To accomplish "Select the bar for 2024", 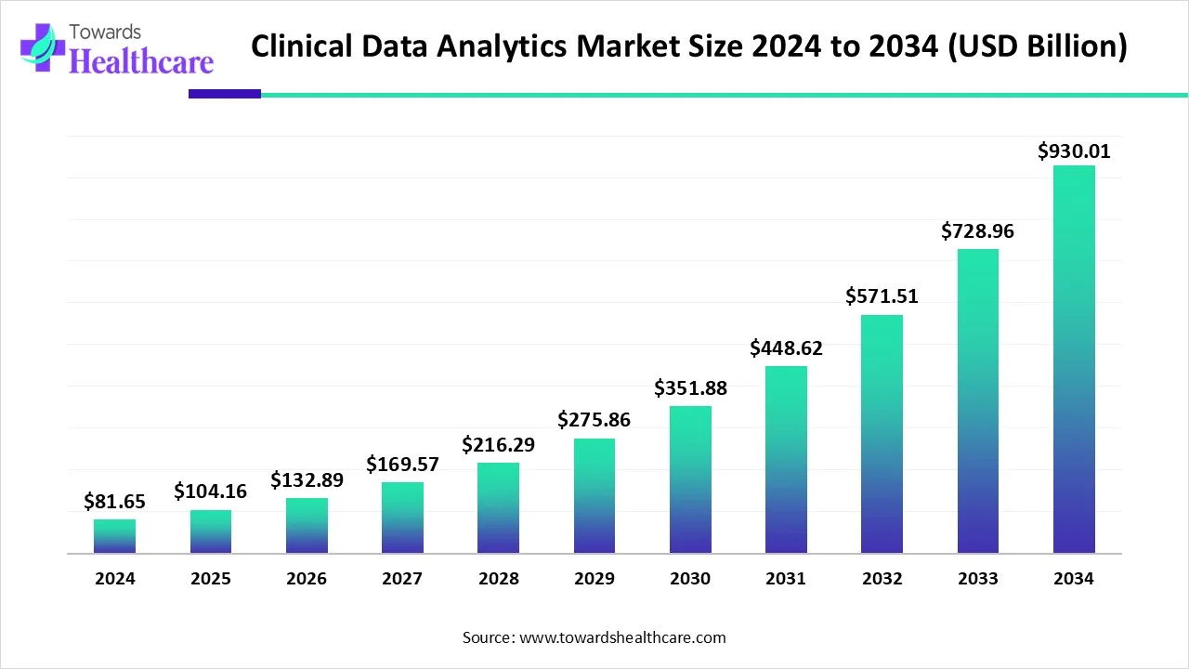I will click(x=114, y=536).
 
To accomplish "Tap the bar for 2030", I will click(x=690, y=479).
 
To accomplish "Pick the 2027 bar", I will click(x=402, y=518).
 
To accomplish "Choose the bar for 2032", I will click(x=882, y=434).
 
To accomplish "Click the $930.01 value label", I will click(x=1074, y=151).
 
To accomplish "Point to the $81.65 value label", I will click(x=114, y=502).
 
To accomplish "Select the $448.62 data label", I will click(x=786, y=348).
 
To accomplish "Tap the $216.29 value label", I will click(x=498, y=445).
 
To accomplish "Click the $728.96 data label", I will click(x=977, y=231).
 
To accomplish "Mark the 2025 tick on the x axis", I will click(x=210, y=579).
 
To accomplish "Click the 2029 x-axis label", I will click(x=594, y=579).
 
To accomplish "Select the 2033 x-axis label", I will click(x=977, y=579).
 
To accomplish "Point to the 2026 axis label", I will click(x=306, y=579).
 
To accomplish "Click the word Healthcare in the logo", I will click(x=141, y=61).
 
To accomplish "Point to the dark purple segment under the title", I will click(x=224, y=94).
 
